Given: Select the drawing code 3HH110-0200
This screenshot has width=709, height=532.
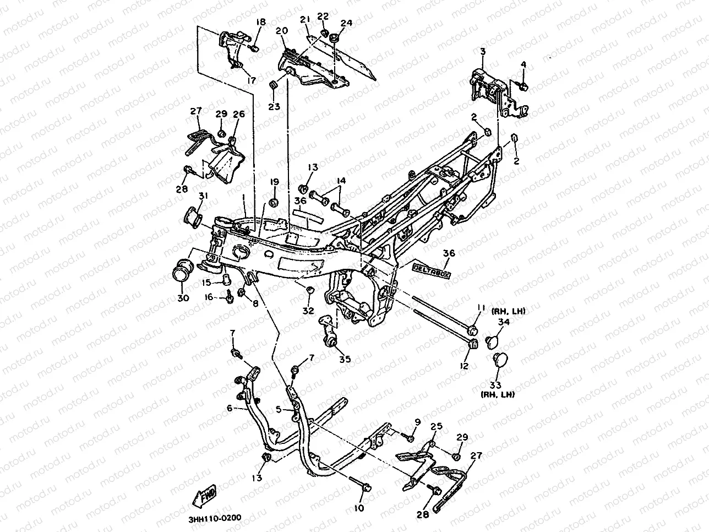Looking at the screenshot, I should pyautogui.click(x=214, y=519).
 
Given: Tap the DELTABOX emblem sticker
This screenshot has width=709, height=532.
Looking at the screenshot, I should pyautogui.click(x=432, y=270).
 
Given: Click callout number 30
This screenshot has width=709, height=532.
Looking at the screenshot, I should pyautogui.click(x=183, y=298).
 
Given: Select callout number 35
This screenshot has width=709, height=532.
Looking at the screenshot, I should pyautogui.click(x=345, y=359).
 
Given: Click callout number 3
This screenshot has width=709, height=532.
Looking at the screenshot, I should pyautogui.click(x=483, y=51).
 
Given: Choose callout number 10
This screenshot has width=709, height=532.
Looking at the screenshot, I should pyautogui.click(x=359, y=508).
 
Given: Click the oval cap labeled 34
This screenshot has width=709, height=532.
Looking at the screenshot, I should pyautogui.click(x=490, y=341).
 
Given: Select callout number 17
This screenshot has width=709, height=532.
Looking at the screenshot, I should pyautogui.click(x=252, y=80).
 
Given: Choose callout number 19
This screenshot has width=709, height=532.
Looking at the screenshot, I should pyautogui.click(x=274, y=182).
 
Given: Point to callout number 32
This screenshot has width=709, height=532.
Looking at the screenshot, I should pyautogui.click(x=308, y=310).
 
